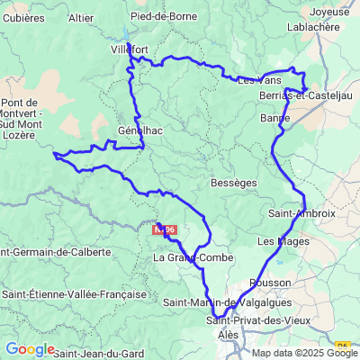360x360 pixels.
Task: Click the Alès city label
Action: (x=229, y=334)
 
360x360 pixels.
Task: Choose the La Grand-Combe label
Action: (x=193, y=258)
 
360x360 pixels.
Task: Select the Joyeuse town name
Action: (x=328, y=12)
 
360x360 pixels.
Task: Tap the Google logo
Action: (x=30, y=349)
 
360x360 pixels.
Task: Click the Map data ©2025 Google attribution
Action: (x=305, y=352)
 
